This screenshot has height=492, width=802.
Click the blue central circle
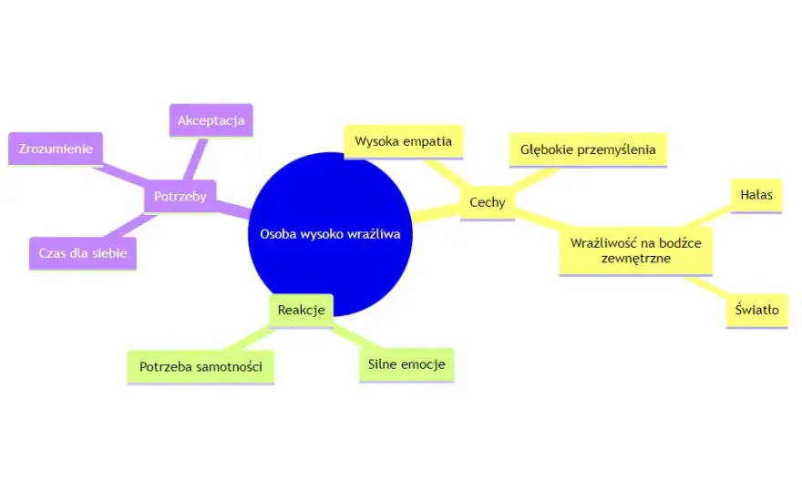coord(330,234)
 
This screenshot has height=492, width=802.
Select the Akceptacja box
coord(211,120)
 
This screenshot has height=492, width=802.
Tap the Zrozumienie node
coord(56,149)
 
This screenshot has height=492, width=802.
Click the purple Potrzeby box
coord(180,197)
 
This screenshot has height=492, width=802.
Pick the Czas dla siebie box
coord(83,253)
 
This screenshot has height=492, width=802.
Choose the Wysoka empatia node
coord(404,141)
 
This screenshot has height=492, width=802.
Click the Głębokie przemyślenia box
coord(588,149)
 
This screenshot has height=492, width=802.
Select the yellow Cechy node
coord(488,202)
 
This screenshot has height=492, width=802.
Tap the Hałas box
coord(756,195)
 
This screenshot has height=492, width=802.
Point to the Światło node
coord(757,311)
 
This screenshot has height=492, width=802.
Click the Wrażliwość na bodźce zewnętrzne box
coord(636,251)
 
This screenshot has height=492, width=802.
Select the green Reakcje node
coord(302,311)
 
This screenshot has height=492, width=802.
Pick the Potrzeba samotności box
coord(201,367)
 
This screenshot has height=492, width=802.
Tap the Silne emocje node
coord(406,365)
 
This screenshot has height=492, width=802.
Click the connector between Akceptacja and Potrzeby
coord(195,159)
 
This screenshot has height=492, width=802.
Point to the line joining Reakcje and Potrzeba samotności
coord(250,339)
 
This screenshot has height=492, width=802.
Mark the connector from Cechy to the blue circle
coord(436,213)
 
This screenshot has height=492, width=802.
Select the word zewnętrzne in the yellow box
coord(636,259)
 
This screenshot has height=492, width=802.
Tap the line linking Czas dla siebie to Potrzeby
coord(130,226)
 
